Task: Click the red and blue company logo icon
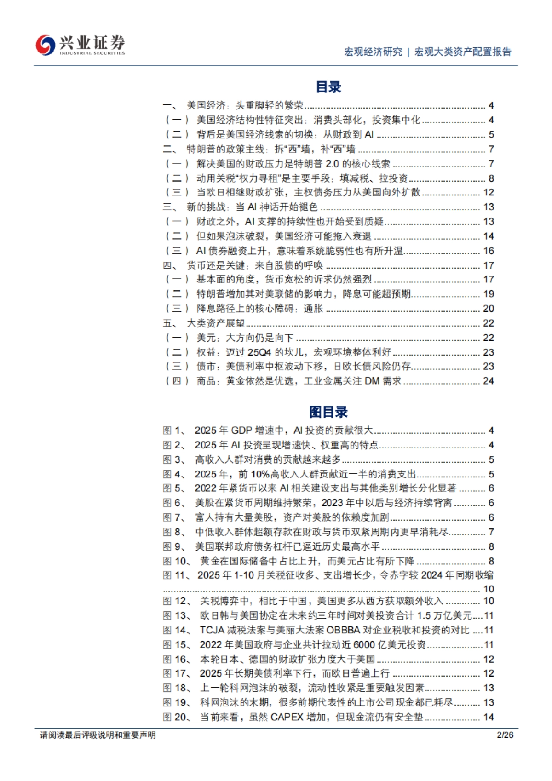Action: pos(45,45)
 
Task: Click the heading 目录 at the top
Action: pos(328,87)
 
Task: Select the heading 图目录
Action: pos(328,412)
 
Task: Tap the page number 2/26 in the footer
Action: pos(505,735)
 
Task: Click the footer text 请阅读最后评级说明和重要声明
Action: pos(98,735)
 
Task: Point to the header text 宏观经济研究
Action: pos(373,52)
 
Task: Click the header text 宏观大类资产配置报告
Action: pos(463,52)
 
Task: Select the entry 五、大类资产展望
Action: pos(215,323)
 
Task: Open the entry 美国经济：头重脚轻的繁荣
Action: pos(245,106)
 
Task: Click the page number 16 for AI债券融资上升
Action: pos(489,251)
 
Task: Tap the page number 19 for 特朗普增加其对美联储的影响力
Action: pos(489,294)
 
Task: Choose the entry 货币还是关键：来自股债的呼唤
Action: pos(254,265)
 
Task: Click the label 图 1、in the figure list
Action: pos(174,431)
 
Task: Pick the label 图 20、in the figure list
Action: pos(177,717)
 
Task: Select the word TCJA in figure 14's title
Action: pos(211,630)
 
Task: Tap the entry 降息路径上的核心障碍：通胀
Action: pos(259,309)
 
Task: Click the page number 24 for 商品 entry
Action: pos(489,381)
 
